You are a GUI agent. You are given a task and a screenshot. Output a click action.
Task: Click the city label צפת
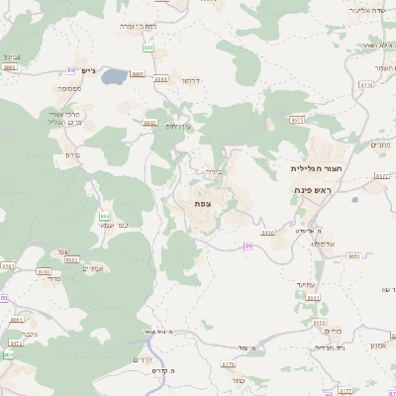[202, 203]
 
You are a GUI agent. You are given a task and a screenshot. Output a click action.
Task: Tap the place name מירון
[64, 156]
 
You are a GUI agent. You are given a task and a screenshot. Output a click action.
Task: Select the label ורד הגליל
[326, 347]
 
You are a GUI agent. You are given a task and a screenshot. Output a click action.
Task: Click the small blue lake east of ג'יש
[114, 75]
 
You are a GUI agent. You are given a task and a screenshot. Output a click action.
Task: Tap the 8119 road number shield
[366, 85]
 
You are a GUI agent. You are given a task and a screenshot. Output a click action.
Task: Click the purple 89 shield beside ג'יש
[71, 69]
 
